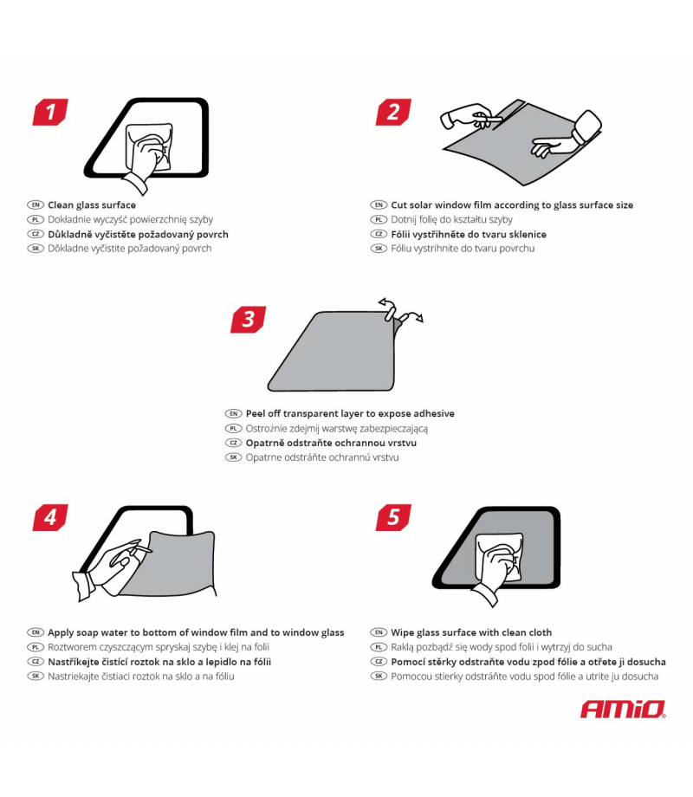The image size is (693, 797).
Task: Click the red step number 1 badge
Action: point(50,112)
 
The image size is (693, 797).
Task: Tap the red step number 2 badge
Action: point(393,112)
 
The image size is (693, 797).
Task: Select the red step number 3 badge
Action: point(248,320)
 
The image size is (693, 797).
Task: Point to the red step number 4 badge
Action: point(50,517)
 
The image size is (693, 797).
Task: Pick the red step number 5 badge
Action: point(393,517)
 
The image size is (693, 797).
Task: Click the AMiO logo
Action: point(623,709)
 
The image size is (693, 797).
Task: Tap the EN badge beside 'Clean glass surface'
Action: point(36,204)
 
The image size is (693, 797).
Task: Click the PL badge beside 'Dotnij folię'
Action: point(379,219)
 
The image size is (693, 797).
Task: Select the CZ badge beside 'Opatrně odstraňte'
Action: point(233,443)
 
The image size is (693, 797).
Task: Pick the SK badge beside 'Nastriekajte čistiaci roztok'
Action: point(36,676)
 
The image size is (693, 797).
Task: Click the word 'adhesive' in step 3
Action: point(434,413)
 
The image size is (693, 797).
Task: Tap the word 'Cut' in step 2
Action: point(399,204)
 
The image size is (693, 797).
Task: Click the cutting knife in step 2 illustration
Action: point(487,120)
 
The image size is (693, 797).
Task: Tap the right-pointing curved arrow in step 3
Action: point(411,317)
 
